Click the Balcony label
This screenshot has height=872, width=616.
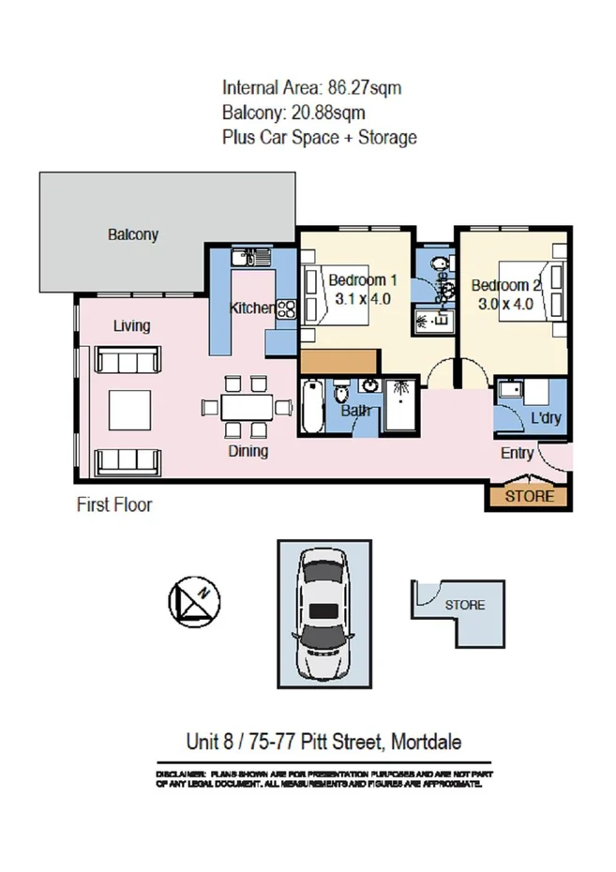tap(132, 234)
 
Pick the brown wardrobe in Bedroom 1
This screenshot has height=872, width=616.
tap(338, 361)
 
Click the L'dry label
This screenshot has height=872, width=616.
tap(546, 418)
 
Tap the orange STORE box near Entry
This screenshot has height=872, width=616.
tap(530, 496)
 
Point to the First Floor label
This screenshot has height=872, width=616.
tap(113, 504)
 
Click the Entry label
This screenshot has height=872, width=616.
tap(517, 454)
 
